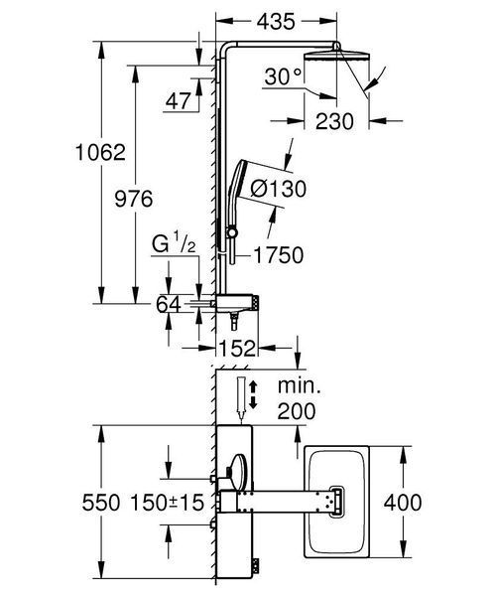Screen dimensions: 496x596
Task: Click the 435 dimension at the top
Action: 276,22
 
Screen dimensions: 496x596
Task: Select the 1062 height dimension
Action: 100,152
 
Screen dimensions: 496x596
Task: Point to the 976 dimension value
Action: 134,199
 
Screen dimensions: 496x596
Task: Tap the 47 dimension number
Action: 178,101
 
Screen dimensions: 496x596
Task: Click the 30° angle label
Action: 283,76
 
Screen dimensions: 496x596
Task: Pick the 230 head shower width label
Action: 334,121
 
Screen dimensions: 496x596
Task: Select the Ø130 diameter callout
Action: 278,189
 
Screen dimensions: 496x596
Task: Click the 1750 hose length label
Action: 278,255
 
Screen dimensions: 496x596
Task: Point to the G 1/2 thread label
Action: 174,243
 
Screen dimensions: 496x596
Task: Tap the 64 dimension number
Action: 169,304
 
